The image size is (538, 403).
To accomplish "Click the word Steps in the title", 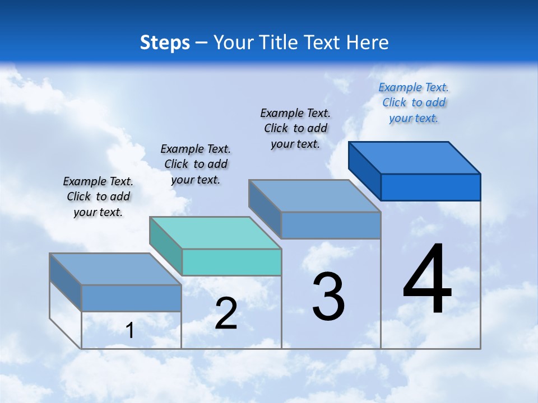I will (x=165, y=43).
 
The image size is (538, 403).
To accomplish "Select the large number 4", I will (x=427, y=280).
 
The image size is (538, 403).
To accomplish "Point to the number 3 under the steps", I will (x=328, y=297).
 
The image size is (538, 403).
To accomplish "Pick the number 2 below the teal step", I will (x=226, y=313).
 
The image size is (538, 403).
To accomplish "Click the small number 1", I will (x=130, y=331).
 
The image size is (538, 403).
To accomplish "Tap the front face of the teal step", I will (x=231, y=263).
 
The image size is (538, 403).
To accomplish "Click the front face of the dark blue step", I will (x=430, y=187).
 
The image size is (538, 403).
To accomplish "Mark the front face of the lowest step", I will (x=131, y=298).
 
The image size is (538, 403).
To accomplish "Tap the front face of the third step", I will (x=331, y=225).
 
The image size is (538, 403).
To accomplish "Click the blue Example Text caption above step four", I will (x=414, y=102).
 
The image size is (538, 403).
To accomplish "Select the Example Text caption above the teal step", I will (x=196, y=164).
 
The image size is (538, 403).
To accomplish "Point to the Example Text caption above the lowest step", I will (x=98, y=196).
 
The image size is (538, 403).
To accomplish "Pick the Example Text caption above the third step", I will (x=295, y=128).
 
